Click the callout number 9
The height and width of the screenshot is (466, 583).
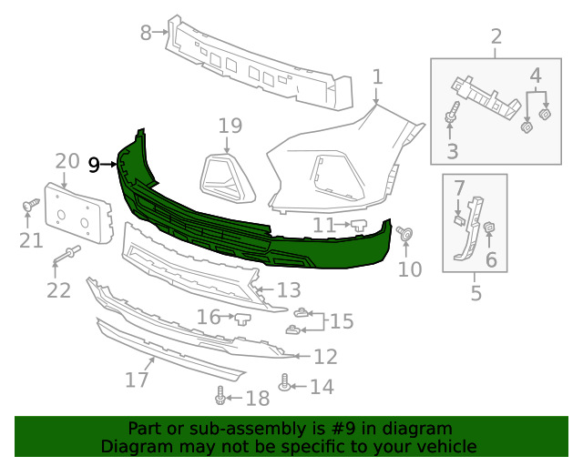coord(94,165)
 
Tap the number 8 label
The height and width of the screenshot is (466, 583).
coord(146,33)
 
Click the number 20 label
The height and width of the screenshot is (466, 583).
coord(67,161)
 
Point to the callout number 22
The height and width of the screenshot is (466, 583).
coord(58,290)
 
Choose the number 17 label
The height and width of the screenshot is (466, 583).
coord(137,379)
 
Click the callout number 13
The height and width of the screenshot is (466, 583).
coord(289,290)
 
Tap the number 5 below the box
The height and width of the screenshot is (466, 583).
coord(476,293)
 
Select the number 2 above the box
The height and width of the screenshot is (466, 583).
coord(496,36)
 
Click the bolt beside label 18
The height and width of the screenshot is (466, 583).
coord(220,396)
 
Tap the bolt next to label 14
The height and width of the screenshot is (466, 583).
coord(285,386)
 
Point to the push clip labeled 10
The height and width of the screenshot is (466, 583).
coord(405,237)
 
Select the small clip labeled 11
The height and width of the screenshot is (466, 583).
coord(358,223)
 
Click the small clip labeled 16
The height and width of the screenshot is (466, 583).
coord(242,318)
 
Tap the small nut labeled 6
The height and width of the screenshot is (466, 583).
coord(489,228)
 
